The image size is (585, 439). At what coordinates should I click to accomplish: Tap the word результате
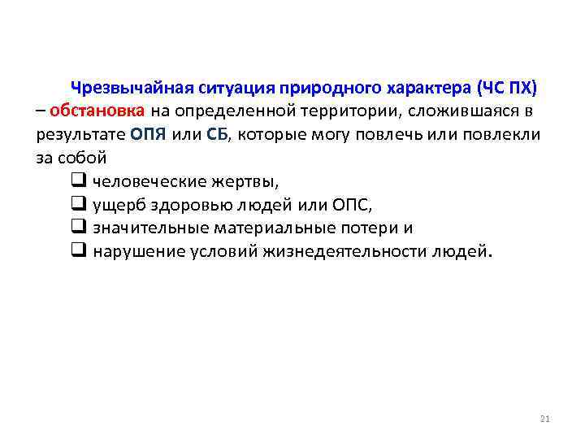(x=80, y=134)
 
